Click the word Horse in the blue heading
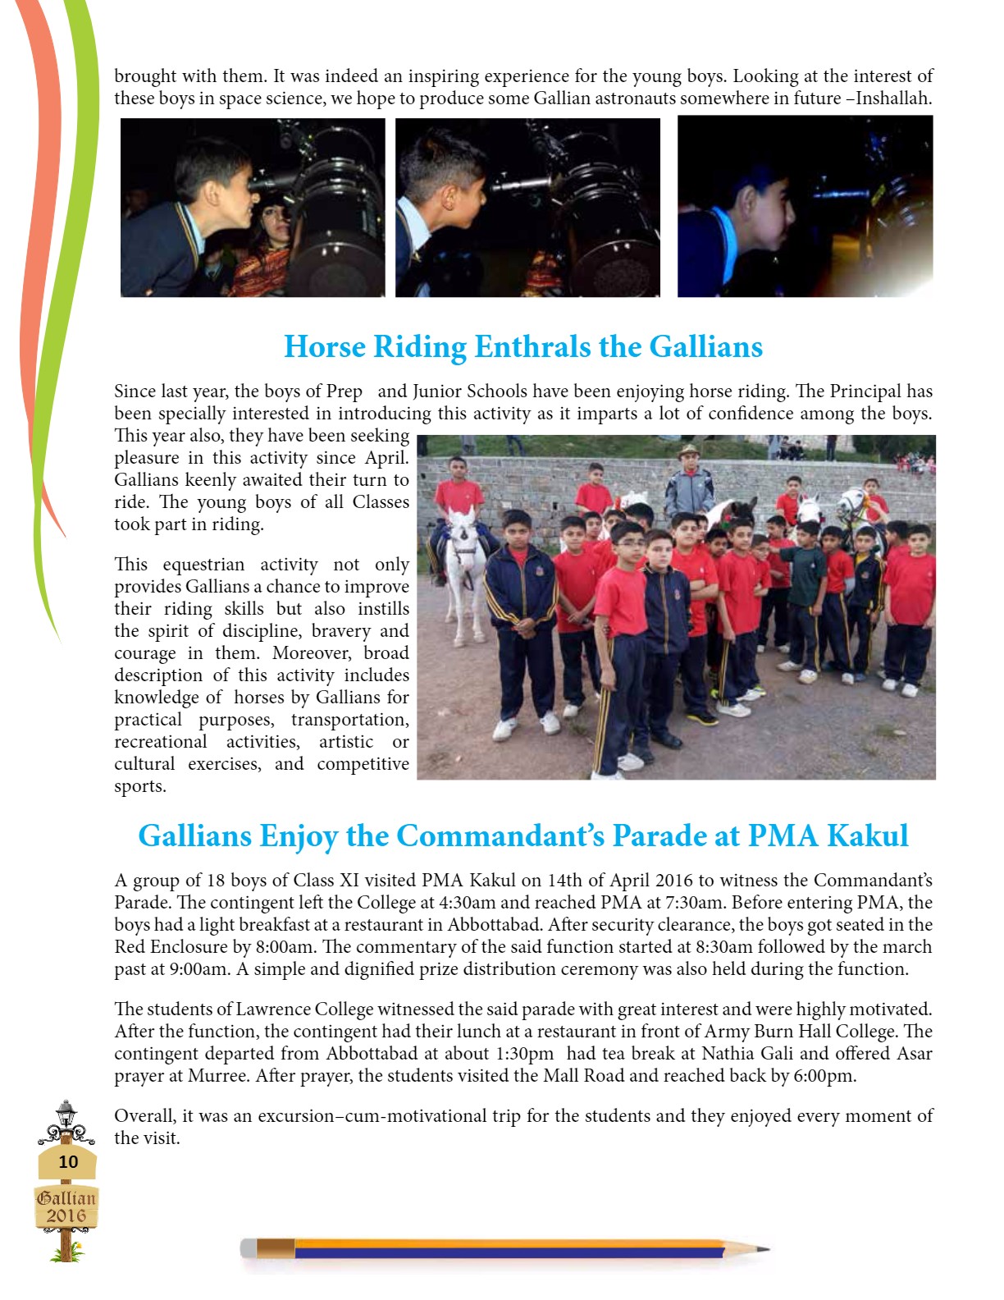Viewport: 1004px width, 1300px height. [x=324, y=347]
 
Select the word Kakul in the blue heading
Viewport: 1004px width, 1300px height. [x=867, y=836]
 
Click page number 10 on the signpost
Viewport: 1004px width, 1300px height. [x=68, y=1161]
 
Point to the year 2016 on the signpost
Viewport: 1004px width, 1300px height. [x=66, y=1215]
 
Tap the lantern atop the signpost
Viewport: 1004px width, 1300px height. [x=66, y=1113]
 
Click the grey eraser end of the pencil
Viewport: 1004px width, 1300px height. [x=248, y=1249]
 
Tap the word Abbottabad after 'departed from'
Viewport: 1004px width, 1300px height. [x=375, y=1054]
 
